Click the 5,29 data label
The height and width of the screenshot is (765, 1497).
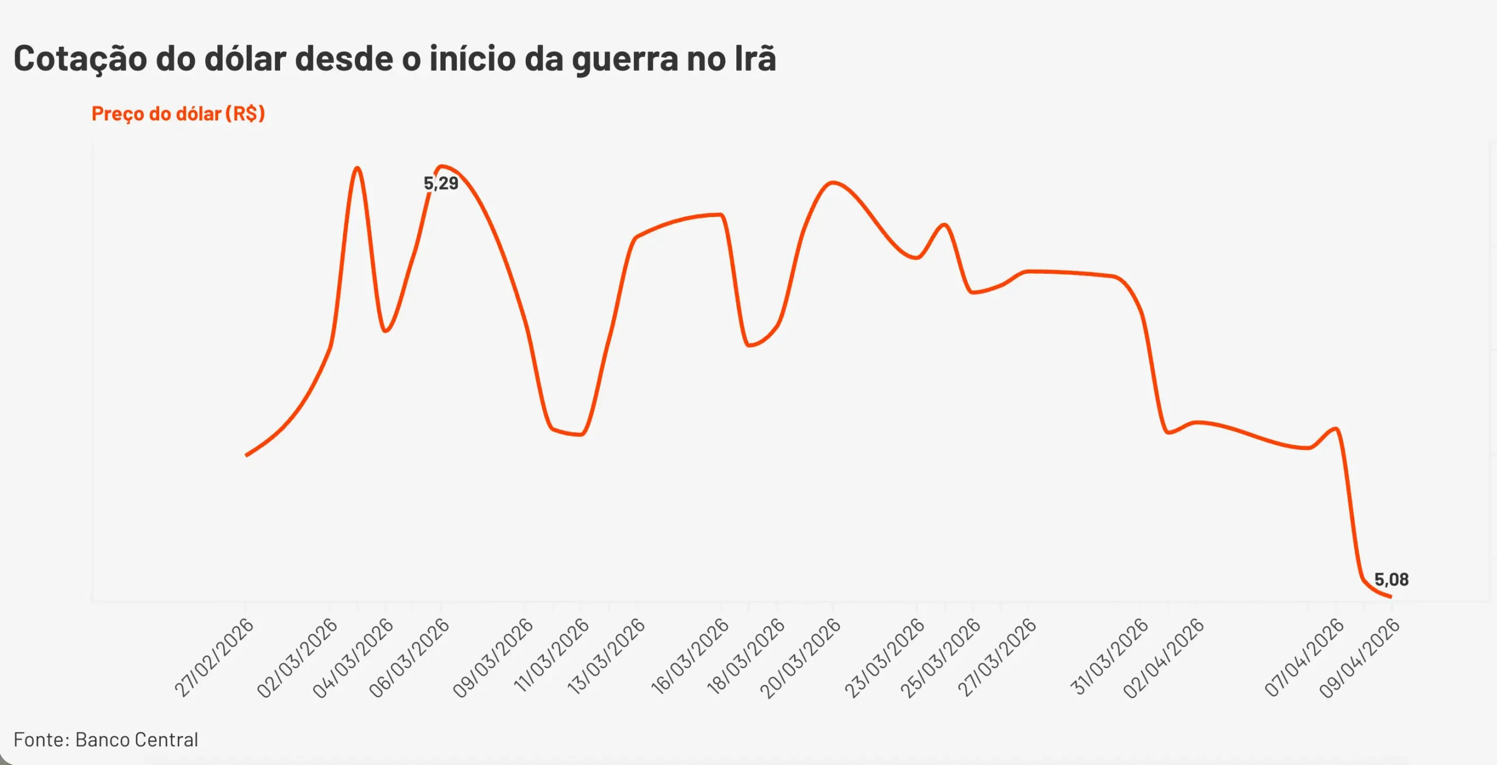coord(441,183)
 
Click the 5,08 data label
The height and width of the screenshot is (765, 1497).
coord(1391,580)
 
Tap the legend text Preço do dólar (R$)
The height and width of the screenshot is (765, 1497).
coord(178,113)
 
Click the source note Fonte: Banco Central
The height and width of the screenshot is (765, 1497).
coord(106,740)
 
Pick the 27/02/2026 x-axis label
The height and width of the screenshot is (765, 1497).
coord(215,657)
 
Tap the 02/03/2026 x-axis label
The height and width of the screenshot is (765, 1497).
coord(298,657)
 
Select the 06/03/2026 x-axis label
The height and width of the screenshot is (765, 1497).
coord(409,657)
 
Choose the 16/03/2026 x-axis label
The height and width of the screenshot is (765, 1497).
coord(691,656)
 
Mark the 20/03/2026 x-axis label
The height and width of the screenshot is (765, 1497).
coord(801,657)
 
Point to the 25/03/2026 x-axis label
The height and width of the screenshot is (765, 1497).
coord(940,657)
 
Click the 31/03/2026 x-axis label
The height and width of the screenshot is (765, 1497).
coord(1109,656)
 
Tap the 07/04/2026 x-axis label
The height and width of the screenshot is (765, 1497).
coord(1305,657)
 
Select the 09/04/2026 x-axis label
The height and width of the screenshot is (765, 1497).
coord(1360,657)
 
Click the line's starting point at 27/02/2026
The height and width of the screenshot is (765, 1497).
coord(246,455)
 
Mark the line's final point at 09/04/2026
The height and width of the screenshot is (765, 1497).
coord(1391,597)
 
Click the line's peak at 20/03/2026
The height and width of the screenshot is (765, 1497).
coord(833,182)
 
